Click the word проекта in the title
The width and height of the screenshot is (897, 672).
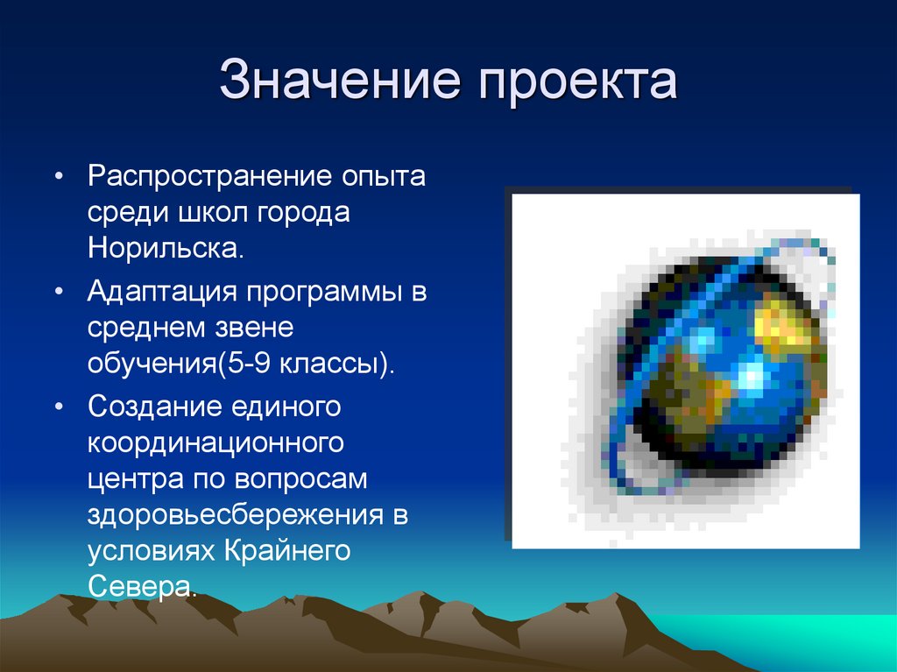click(577, 82)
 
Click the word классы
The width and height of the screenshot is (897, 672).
click(336, 363)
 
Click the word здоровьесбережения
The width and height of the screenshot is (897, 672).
click(235, 513)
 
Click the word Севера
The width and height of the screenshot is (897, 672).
click(140, 585)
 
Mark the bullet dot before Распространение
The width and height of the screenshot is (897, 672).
click(59, 178)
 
